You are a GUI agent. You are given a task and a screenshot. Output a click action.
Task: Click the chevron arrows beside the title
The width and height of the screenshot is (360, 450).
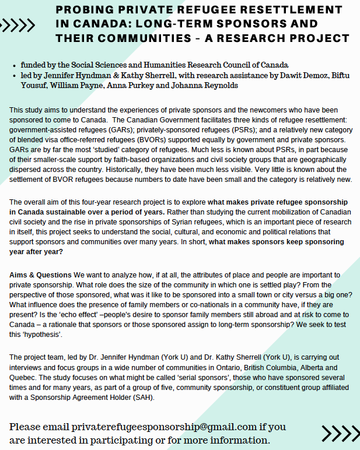19,25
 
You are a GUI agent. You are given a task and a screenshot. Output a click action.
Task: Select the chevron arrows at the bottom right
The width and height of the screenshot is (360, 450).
340,434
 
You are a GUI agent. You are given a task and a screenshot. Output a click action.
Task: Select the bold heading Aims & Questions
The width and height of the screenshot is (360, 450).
40,275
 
